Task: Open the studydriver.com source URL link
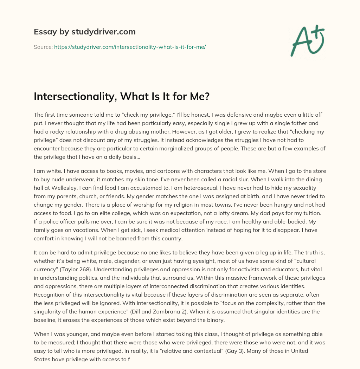130,47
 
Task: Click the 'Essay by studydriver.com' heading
84,32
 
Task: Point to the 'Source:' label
43,47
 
